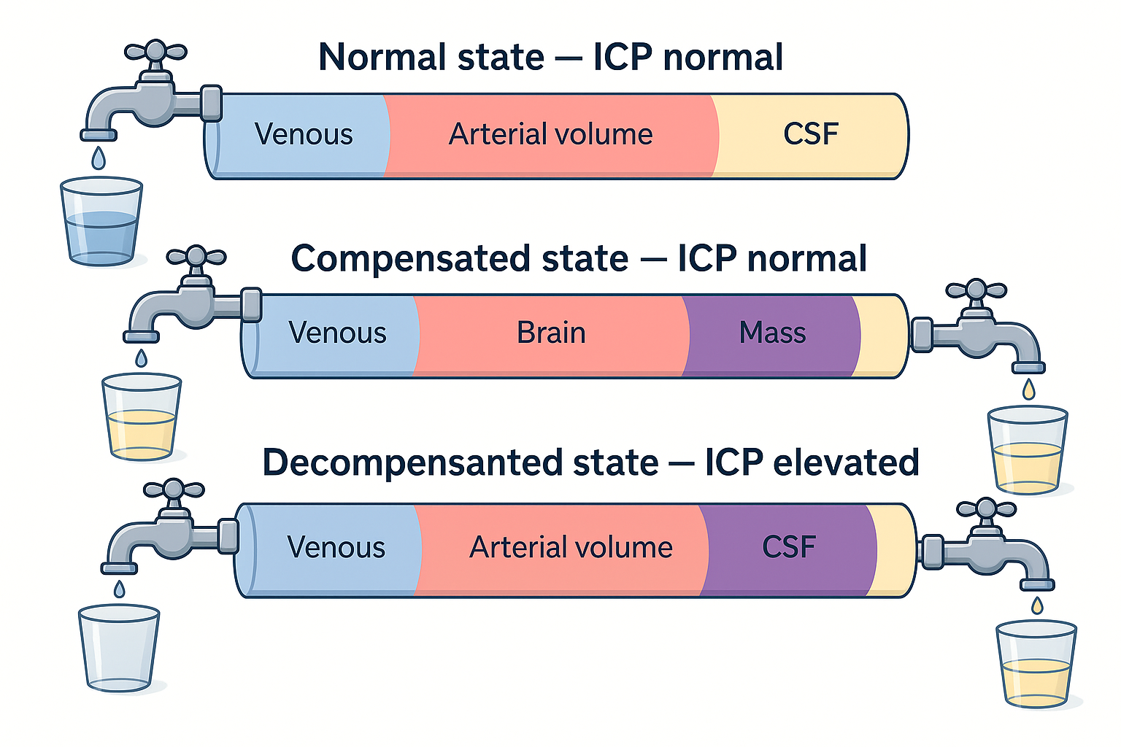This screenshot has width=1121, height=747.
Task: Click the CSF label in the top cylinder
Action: pos(810,134)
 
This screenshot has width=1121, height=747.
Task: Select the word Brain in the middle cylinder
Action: pos(551,333)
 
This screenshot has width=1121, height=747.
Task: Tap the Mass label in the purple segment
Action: pos(772,333)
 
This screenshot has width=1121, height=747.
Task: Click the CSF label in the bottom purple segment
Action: pos(788,547)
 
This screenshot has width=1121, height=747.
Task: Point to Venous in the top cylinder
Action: pos(304,134)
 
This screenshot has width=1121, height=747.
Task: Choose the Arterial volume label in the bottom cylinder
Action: pos(571,547)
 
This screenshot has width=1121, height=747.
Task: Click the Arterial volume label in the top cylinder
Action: pos(550,134)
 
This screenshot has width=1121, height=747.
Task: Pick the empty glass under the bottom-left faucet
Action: pos(119,648)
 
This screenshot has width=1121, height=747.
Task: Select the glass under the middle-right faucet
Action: pos(1028,450)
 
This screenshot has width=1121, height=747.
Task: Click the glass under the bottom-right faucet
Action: pos(1036,663)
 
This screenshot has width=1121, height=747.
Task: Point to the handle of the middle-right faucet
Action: pos(976,290)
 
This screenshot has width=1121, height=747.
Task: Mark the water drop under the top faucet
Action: pos(99,158)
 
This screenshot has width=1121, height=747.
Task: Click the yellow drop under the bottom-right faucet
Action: pos(1037,605)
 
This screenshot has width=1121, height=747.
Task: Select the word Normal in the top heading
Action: pos(371,57)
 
